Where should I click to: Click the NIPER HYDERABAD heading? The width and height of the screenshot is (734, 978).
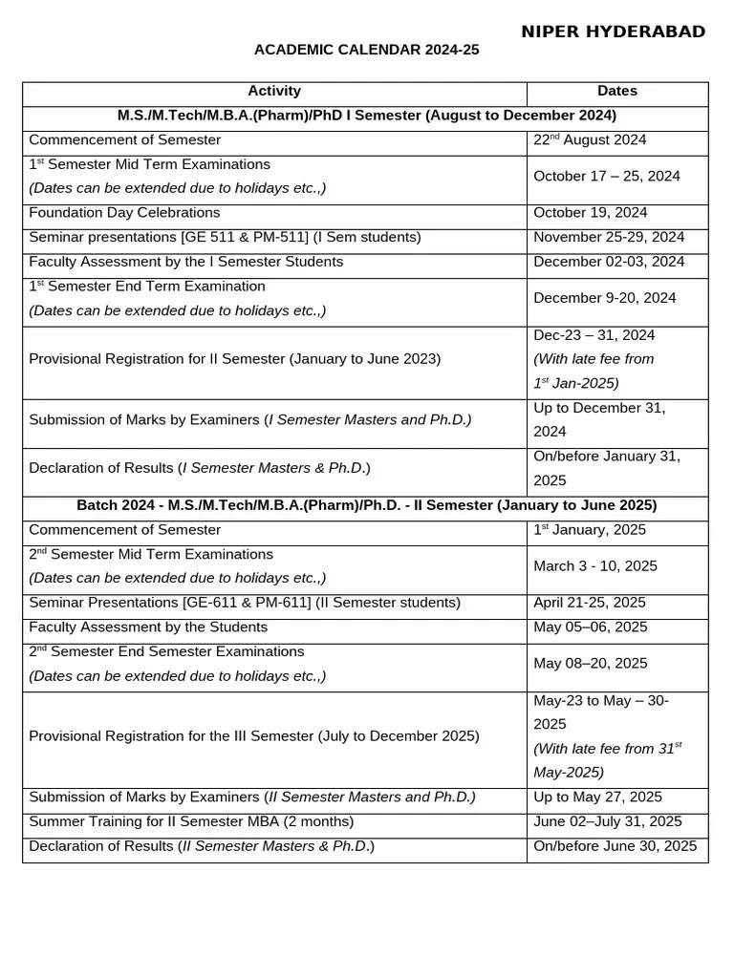[x=613, y=32]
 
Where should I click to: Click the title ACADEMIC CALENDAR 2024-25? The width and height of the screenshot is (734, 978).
[x=366, y=51]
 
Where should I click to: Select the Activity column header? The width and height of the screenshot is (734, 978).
[x=274, y=92]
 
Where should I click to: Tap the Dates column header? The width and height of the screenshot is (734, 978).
[x=617, y=92]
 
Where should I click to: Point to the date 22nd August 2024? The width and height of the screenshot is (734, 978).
[x=590, y=140]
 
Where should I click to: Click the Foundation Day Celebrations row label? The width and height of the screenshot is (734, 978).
[x=124, y=213]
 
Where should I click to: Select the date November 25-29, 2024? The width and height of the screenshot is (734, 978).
[x=609, y=238]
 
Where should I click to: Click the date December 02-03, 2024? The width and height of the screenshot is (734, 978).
[x=609, y=262]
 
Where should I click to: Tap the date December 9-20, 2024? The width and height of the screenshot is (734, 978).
[x=604, y=298]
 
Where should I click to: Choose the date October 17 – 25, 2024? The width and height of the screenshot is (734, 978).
[x=607, y=177]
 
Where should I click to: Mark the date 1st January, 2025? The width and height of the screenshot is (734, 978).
[x=590, y=530]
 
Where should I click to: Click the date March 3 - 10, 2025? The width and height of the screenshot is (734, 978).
[x=595, y=566]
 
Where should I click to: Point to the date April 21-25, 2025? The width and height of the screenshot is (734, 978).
[x=590, y=603]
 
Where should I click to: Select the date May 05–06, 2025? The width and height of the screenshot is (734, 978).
[x=591, y=627]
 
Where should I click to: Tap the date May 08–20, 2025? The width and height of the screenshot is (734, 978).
[x=591, y=664]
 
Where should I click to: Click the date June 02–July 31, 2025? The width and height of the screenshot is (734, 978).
[x=608, y=821]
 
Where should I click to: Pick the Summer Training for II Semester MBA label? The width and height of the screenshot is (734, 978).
[x=191, y=821]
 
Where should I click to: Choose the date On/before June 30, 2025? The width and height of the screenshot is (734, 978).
[x=615, y=846]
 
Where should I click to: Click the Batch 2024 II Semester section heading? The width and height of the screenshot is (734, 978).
[x=366, y=505]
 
